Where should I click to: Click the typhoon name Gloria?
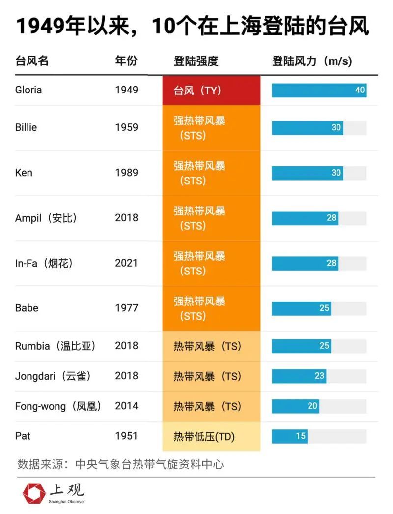click(28, 90)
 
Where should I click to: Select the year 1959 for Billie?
click(127, 127)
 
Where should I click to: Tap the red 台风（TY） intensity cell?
click(211, 91)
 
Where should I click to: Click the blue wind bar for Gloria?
click(319, 91)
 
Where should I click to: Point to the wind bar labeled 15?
click(290, 436)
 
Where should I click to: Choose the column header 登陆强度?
click(196, 61)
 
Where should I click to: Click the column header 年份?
click(126, 61)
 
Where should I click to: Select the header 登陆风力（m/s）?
click(312, 61)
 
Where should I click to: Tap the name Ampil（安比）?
click(46, 218)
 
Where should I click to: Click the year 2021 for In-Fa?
click(127, 263)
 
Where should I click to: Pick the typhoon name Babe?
click(27, 308)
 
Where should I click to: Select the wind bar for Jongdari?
click(299, 376)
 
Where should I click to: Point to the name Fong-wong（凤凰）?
click(58, 406)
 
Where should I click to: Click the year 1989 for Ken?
click(127, 173)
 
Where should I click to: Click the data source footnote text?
click(120, 464)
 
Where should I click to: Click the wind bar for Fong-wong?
click(295, 406)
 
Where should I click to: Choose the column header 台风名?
click(32, 61)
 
